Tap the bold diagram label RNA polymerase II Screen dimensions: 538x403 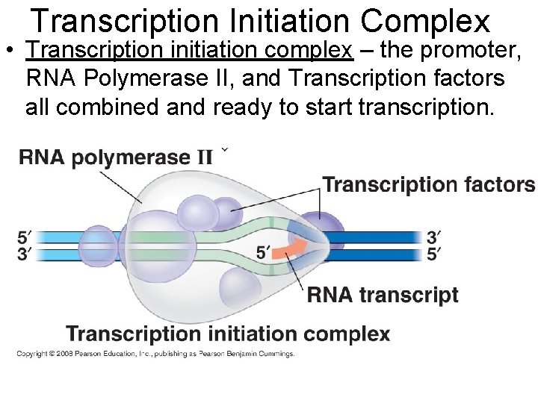(116, 158)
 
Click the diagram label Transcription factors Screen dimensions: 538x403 (428, 185)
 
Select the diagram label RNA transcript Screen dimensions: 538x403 (383, 295)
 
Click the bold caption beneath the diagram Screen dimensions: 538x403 (228, 334)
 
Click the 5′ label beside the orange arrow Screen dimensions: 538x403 (263, 253)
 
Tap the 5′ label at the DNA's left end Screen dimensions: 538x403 (24, 239)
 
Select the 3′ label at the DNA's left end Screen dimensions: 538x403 (24, 254)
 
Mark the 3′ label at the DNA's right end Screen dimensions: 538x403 (433, 238)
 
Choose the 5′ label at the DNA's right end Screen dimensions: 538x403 (433, 254)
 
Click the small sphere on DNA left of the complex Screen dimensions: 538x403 (98, 246)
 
